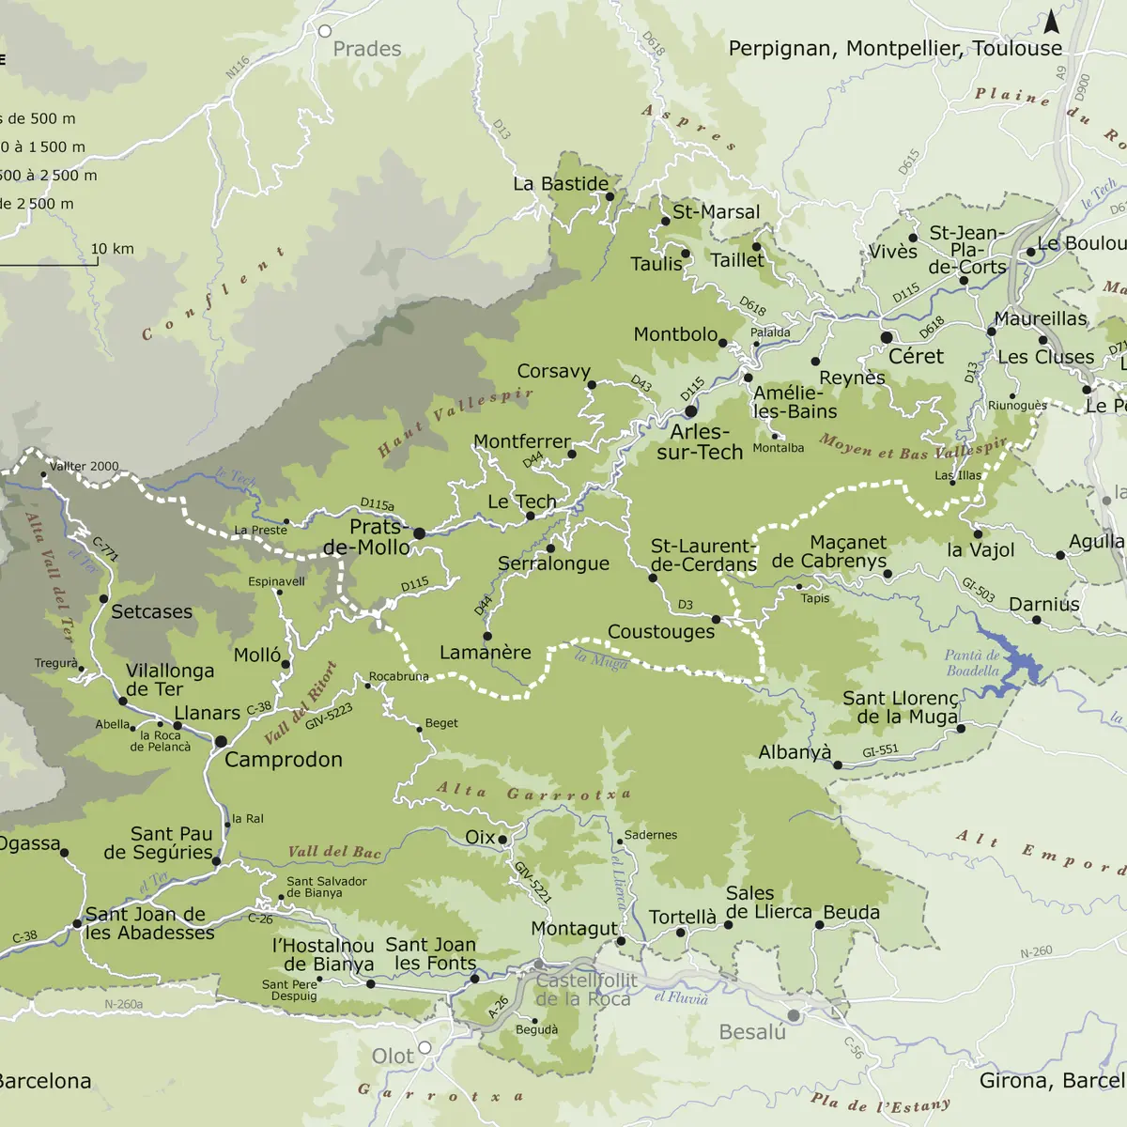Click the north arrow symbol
[1052, 22]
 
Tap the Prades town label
[366, 49]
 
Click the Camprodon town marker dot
[221, 742]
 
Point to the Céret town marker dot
[887, 337]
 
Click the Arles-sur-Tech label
[700, 442]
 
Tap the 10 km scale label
[112, 249]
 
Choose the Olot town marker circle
[425, 1047]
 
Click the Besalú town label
[751, 1032]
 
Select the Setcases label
[151, 612]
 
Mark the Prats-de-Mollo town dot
[419, 533]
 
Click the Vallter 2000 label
[84, 466]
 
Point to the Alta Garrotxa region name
[533, 793]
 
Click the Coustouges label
[661, 632]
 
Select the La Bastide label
[560, 184]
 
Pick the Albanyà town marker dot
[838, 764]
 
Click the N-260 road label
[1036, 952]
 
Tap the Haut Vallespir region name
[455, 422]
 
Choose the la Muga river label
[601, 660]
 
